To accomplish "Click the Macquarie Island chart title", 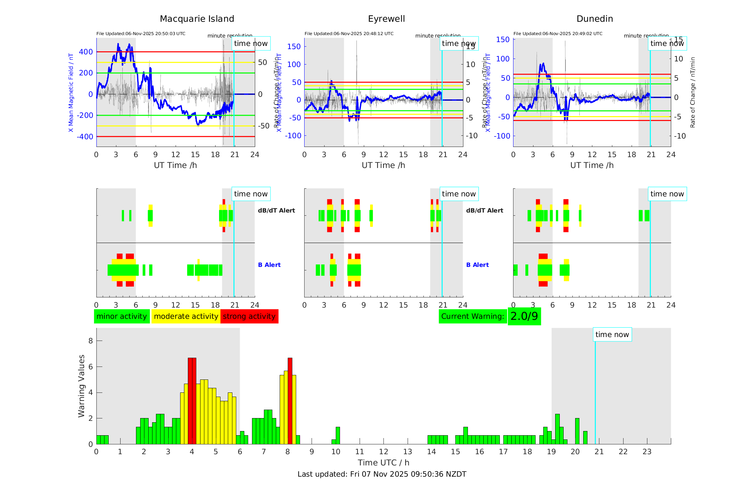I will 197,19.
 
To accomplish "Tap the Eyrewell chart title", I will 386,19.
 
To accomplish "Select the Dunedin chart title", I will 594,19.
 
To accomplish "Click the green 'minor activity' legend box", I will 122,316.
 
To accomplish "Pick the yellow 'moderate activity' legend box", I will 186,316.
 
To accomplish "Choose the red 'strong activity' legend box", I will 249,316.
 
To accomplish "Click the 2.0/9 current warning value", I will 524,316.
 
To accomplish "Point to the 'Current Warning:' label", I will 472,316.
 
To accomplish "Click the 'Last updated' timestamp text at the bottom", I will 382,474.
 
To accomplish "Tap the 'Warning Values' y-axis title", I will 82,386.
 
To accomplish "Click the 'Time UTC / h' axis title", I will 383,463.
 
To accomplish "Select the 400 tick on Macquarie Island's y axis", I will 86,52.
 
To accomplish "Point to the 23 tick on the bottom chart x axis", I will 647,452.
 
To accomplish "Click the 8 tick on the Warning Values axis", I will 91,341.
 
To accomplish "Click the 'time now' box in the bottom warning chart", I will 612,335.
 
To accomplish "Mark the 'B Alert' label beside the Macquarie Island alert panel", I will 269,265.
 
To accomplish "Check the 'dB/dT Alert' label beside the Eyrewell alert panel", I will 484,210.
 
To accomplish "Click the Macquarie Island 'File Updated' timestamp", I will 141,34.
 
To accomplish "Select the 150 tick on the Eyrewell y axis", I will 294,47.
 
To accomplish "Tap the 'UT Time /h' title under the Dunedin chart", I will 592,165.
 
